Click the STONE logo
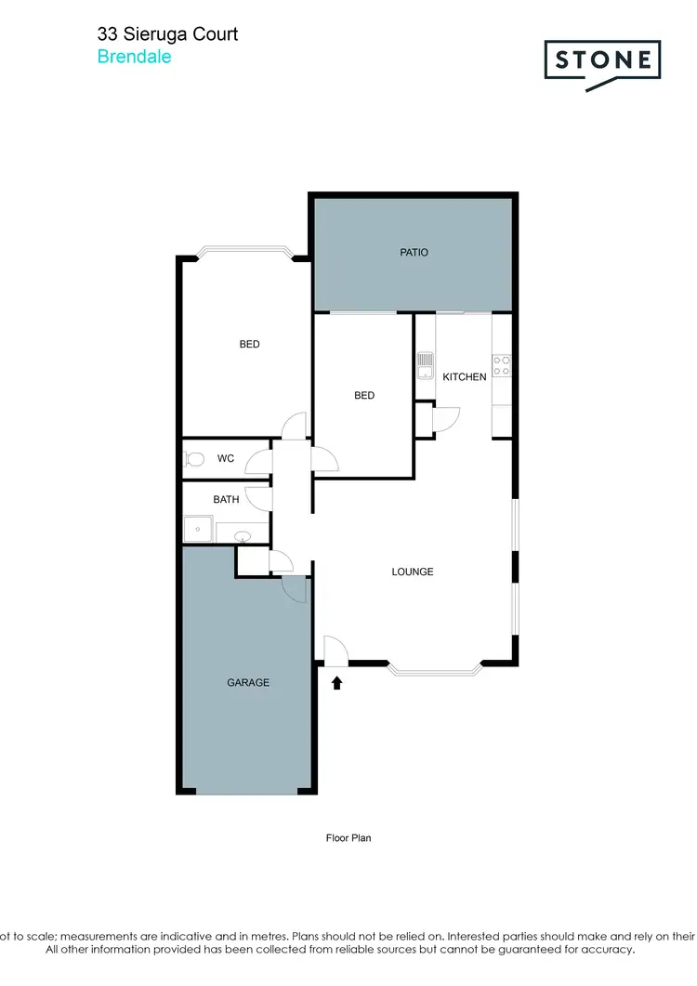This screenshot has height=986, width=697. [x=602, y=62]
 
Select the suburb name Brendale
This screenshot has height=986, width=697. [x=134, y=56]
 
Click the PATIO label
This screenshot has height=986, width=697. [x=414, y=252]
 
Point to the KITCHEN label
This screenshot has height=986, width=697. [x=464, y=376]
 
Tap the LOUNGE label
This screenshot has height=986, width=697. [x=413, y=572]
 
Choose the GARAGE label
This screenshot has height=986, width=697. [x=248, y=682]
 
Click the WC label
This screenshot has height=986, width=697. [x=226, y=458]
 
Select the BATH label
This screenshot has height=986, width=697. [x=226, y=499]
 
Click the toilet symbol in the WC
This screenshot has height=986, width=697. [x=194, y=458]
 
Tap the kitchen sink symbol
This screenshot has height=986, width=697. [x=425, y=365]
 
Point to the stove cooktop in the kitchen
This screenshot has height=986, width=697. [x=502, y=365]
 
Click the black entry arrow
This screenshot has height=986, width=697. [x=336, y=683]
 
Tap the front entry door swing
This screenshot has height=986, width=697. [x=335, y=650]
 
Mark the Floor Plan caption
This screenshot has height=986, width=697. [x=348, y=838]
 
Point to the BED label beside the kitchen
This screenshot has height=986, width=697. [x=364, y=395]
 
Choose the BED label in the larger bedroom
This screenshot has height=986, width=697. [x=249, y=344]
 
